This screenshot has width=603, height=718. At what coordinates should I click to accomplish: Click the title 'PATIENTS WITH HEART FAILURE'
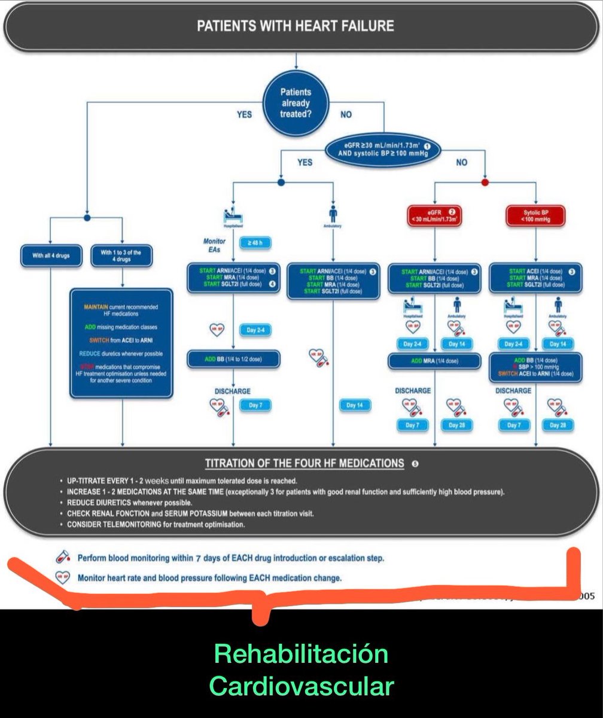(296, 26)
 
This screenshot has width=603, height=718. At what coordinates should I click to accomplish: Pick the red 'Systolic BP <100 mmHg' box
(535, 216)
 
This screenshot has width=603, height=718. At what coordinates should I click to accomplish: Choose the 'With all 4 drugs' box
(51, 256)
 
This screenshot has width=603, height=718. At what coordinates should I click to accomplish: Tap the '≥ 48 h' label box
(255, 244)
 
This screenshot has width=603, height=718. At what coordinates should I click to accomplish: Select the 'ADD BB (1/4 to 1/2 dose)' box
(232, 359)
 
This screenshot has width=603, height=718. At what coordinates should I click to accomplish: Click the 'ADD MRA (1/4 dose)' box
(434, 361)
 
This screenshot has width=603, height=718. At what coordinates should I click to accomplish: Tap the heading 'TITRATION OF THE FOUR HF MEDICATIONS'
(304, 463)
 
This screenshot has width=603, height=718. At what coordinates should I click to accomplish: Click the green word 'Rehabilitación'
(301, 655)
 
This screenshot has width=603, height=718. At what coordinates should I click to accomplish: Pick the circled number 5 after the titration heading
(415, 464)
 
